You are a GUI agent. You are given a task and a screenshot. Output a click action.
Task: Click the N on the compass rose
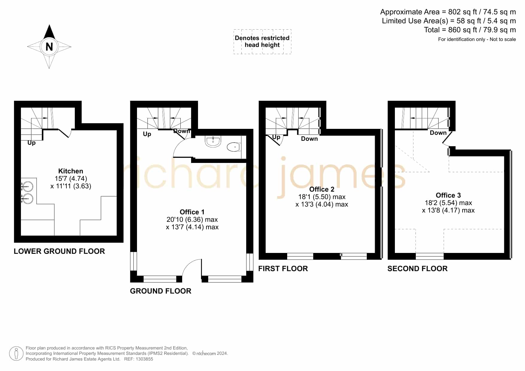(49, 47)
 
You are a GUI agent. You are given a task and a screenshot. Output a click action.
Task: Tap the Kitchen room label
(71, 171)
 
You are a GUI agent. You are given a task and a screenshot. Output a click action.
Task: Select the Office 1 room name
(192, 212)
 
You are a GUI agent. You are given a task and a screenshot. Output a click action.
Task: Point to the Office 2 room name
(322, 189)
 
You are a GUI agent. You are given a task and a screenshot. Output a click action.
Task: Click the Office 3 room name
(448, 195)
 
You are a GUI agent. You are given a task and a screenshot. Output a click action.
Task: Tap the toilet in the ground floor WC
(234, 147)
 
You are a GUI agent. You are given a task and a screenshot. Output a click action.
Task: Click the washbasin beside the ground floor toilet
(213, 142)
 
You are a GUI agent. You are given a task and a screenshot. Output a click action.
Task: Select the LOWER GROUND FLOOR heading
(59, 251)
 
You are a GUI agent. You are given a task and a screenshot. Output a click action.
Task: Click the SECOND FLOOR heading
(417, 268)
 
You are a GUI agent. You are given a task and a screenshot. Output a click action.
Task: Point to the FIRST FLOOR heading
(283, 268)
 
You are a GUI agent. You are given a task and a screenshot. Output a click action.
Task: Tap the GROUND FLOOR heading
(161, 291)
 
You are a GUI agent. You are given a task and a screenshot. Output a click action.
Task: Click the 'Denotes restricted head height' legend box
(262, 42)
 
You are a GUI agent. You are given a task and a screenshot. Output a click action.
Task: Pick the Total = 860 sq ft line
(470, 30)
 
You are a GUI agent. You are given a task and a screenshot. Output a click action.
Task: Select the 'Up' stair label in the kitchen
(31, 143)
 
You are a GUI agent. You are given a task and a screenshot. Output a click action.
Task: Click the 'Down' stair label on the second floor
(438, 133)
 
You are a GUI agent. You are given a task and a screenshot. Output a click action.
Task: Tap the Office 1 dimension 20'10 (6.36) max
(192, 219)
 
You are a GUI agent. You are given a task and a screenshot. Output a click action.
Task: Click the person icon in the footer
(16, 354)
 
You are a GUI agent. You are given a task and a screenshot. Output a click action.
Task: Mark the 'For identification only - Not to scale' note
(477, 39)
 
